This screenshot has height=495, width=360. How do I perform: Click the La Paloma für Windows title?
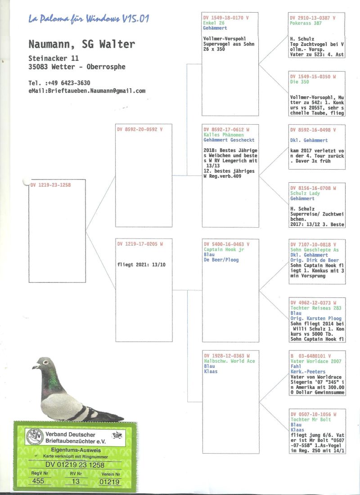tap(89, 19)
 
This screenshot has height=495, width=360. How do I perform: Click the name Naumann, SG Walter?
tap(81, 44)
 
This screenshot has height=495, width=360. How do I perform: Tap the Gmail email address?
tap(87, 90)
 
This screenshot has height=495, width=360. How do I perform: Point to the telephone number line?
tap(59, 83)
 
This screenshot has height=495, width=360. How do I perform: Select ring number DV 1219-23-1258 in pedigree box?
tap(51, 184)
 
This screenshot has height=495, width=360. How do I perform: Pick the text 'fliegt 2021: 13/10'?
tap(141, 265)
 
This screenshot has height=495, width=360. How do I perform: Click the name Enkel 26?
tap(214, 23)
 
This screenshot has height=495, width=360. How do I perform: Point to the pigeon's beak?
tap(35, 367)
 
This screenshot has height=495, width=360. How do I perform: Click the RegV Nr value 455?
tap(38, 481)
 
